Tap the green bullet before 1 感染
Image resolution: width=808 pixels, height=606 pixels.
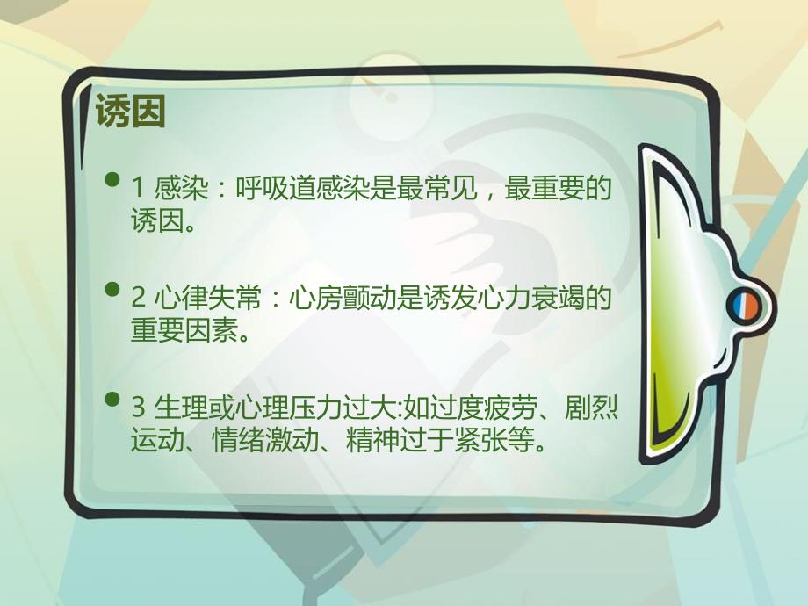tap(112, 181)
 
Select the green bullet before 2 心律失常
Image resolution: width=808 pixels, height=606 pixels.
tap(112, 289)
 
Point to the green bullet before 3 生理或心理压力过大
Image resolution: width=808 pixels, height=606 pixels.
tap(112, 400)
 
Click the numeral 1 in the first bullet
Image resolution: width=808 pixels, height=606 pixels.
tap(138, 188)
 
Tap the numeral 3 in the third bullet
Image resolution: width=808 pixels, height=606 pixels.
tap(138, 408)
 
